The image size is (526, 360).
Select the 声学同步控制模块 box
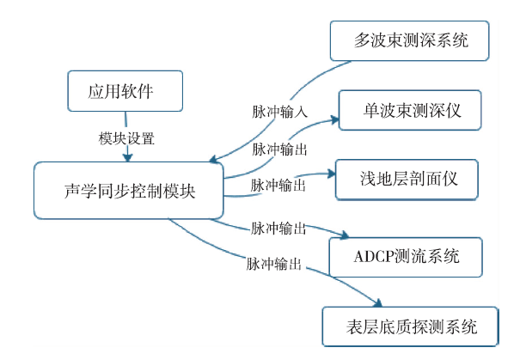tap(129, 190)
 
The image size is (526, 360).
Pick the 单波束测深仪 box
tap(409, 110)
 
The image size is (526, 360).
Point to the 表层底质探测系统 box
tap(409, 326)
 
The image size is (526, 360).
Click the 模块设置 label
tap(127, 138)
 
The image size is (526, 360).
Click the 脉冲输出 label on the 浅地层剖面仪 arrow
tap(280, 185)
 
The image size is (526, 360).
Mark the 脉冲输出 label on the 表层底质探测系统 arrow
tap(274, 265)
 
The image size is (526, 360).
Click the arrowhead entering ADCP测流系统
tap(346, 236)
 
